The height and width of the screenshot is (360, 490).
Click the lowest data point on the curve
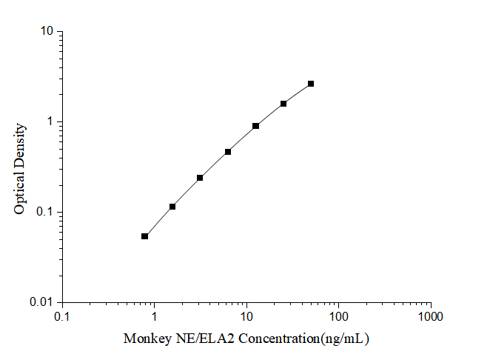(144, 236)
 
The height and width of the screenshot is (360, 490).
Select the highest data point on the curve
(311, 84)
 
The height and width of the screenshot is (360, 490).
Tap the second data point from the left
(172, 207)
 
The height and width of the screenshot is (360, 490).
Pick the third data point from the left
(200, 178)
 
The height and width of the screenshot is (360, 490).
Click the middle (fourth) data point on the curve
(228, 152)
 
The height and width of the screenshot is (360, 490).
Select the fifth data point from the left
(255, 126)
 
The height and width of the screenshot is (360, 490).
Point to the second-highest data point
(283, 104)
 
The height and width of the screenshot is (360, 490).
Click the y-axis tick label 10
(47, 32)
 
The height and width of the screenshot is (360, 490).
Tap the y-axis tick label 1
(50, 122)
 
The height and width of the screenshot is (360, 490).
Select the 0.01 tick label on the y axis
(41, 302)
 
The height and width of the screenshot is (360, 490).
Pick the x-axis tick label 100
(338, 317)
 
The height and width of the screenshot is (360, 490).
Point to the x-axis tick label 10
(246, 317)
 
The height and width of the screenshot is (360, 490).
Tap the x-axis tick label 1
(154, 317)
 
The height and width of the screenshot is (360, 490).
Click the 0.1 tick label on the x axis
(62, 317)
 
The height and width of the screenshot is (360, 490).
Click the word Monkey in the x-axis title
(144, 339)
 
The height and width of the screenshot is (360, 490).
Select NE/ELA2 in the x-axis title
(198, 339)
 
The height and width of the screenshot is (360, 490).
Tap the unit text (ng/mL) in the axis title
(343, 339)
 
